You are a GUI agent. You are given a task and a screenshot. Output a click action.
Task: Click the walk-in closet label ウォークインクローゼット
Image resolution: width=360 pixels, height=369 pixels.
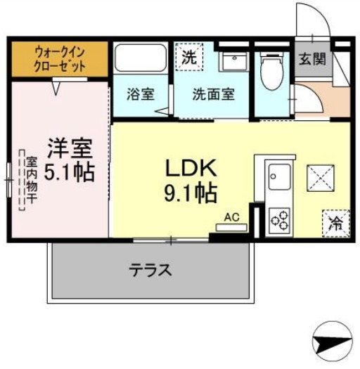point(60,59)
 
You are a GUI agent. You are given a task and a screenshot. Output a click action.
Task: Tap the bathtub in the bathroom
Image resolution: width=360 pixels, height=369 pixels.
point(141,58)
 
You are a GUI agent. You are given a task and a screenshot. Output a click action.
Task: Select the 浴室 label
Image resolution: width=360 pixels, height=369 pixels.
point(141,94)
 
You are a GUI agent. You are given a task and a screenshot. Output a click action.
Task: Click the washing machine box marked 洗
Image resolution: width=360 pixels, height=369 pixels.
point(189,57)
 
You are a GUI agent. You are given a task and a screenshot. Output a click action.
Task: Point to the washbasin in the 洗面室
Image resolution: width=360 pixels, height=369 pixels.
point(233,61)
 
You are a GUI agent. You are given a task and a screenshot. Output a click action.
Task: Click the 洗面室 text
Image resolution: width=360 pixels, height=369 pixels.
point(214,94)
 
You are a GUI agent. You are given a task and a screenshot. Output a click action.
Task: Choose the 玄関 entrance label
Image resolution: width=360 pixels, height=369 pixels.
point(312,59)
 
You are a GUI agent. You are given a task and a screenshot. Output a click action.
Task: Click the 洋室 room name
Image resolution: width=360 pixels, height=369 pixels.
point(70,148)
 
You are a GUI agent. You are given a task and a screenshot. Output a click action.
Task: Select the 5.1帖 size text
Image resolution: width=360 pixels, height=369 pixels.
point(69,172)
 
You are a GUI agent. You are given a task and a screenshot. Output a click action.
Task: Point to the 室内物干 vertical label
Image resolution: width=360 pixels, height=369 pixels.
point(32,180)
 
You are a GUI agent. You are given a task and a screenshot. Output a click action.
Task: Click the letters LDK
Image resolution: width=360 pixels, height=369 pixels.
point(191,168)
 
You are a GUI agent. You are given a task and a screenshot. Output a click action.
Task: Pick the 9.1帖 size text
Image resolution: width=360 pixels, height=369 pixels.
point(191,193)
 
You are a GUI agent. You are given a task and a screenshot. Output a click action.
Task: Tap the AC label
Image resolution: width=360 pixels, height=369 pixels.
point(232,217)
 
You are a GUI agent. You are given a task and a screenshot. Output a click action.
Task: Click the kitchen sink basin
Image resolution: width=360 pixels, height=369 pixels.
point(279,177)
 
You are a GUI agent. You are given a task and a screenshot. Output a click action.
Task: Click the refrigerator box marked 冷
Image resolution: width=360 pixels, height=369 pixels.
point(336,224)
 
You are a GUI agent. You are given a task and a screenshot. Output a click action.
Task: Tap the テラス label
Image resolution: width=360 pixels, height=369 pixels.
point(150,270)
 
